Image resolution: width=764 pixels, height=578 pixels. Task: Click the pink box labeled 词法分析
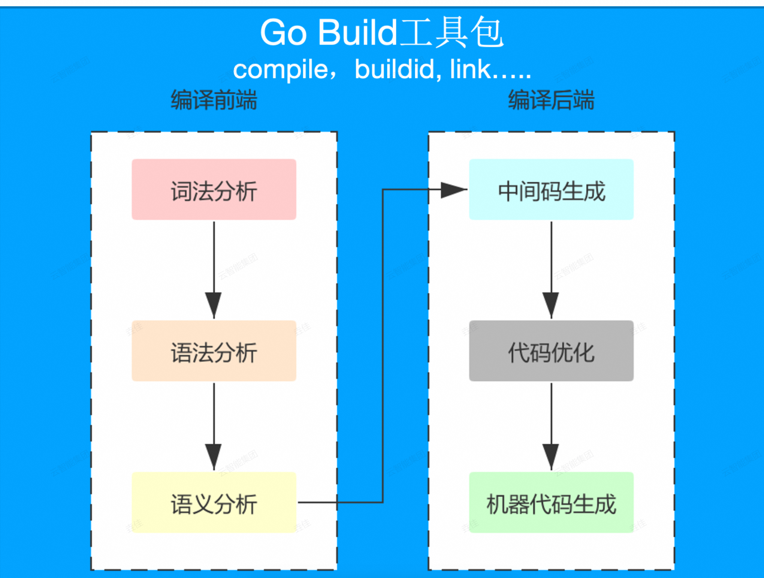click(214, 189)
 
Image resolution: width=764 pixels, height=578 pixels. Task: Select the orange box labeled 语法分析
click(214, 351)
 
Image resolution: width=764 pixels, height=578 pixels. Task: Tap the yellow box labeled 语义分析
click(214, 502)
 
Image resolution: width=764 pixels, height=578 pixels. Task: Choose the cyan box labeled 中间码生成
click(551, 189)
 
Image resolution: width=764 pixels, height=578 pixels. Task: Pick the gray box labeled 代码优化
click(551, 351)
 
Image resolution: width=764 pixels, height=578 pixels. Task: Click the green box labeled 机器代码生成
click(551, 502)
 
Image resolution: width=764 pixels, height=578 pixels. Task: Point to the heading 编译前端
click(214, 100)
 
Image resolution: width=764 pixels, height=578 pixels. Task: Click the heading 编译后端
click(551, 100)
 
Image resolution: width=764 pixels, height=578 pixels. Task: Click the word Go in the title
click(283, 33)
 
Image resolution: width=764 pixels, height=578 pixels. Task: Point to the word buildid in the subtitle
click(395, 70)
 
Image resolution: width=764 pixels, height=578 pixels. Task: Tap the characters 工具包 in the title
click(452, 33)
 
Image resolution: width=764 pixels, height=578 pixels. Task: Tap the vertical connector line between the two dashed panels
click(383, 345)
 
